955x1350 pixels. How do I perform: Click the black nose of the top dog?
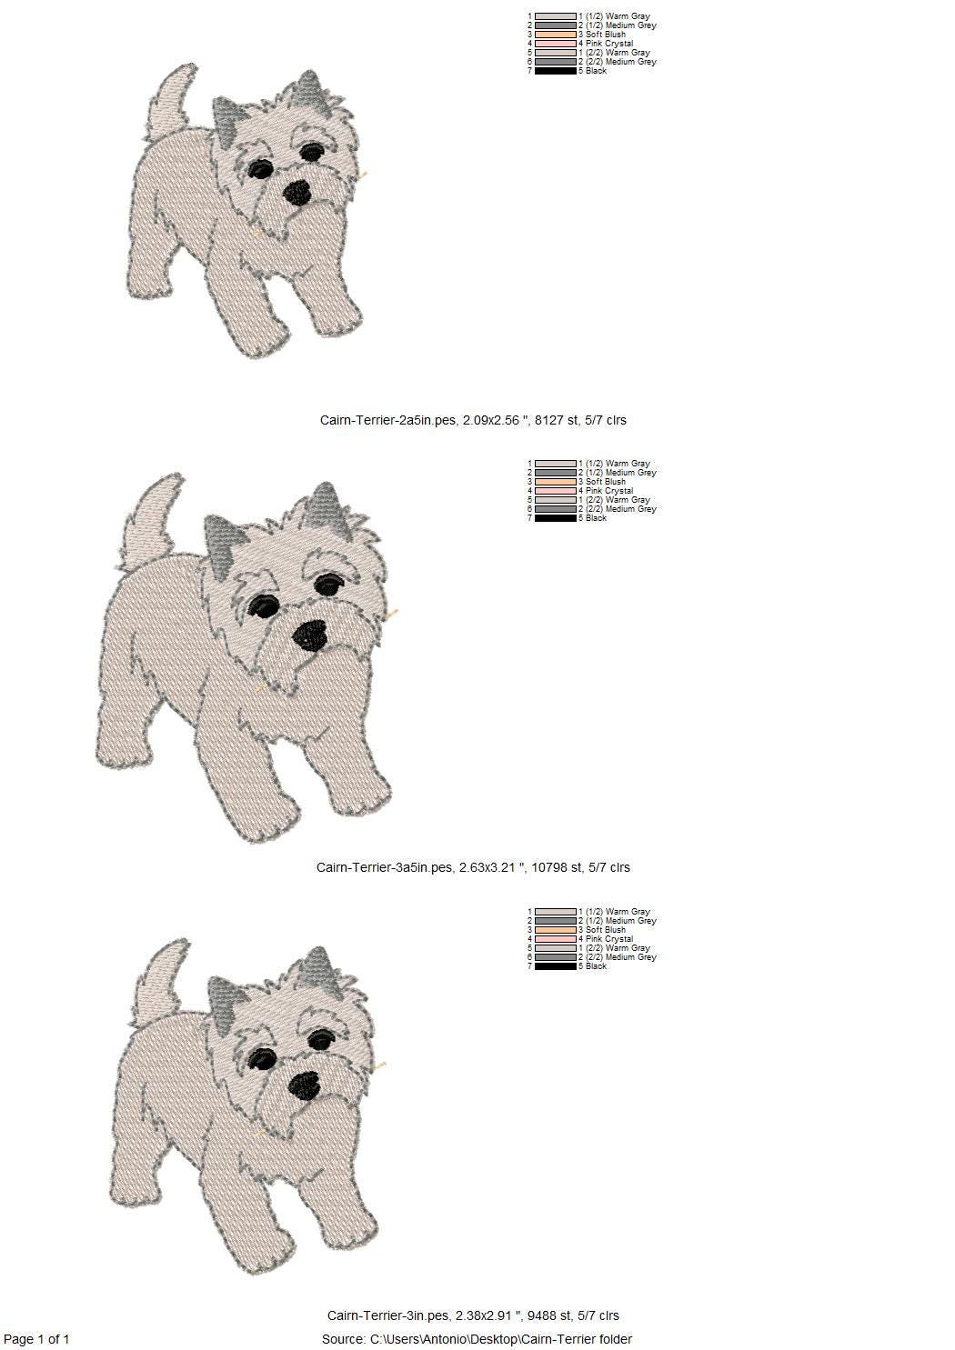coord(297,192)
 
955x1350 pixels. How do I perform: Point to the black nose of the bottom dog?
coord(304,1085)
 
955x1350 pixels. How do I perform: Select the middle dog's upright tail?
coord(151,521)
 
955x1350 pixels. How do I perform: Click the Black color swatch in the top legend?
coord(556,71)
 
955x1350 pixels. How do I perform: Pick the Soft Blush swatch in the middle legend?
coord(556,482)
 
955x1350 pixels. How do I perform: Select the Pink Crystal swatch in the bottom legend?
coord(556,938)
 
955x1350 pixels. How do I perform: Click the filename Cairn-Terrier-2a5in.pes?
coord(387,420)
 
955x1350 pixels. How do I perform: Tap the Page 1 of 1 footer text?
coord(36,1338)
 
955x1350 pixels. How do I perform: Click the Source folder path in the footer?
coord(477,1338)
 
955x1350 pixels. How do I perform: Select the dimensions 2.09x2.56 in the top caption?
coord(490,420)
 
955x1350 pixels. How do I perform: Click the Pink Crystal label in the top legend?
coord(606,44)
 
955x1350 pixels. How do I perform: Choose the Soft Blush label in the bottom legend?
coord(602,930)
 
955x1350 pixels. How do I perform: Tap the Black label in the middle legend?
coord(593,517)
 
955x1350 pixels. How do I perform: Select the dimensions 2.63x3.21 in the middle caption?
coord(488,867)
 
